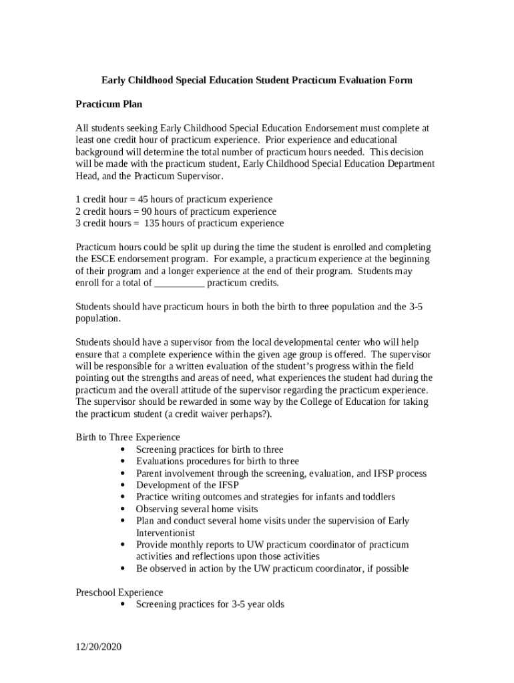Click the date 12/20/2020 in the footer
[99, 646]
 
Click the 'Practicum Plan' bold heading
[109, 104]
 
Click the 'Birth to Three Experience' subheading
[127, 438]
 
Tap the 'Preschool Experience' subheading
[119, 592]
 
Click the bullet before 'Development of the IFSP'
[124, 486]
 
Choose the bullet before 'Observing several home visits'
[124, 510]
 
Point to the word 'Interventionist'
[166, 533]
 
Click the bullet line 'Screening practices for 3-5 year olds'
[210, 604]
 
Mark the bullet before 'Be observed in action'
[124, 569]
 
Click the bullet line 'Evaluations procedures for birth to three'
[217, 462]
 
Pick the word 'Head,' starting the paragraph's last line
[87, 176]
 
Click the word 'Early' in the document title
[114, 80]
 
